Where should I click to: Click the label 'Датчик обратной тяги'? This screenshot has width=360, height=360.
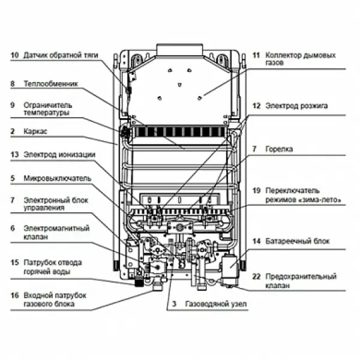tap(60, 55)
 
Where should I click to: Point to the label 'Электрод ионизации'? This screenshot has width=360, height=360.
tap(59, 154)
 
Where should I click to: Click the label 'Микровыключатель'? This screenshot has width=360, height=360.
tap(58, 178)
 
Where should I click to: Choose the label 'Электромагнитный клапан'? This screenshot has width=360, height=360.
tap(56, 232)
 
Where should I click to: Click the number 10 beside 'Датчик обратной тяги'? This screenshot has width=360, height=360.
tap(14, 55)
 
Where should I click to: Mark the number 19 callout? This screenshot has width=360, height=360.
tap(256, 190)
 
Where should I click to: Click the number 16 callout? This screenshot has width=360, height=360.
tap(14, 296)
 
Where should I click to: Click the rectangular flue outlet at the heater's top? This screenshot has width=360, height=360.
tap(179, 48)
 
